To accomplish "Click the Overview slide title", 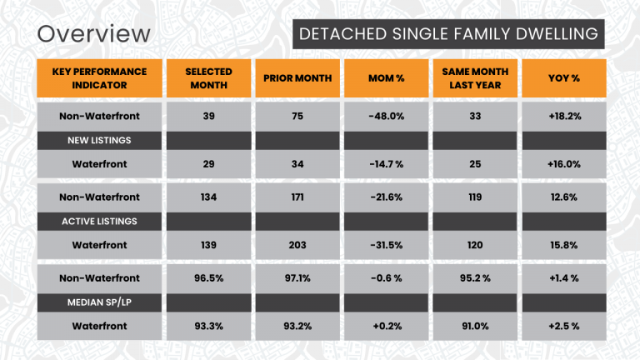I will [x=94, y=34].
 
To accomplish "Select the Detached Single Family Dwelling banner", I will [x=448, y=34].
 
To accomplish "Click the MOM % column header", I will [x=386, y=78].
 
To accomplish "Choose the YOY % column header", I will [x=563, y=78].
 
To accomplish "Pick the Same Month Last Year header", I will [x=474, y=78].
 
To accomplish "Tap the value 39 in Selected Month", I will [x=208, y=116].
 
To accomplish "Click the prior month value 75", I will [x=297, y=116].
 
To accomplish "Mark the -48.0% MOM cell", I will [x=386, y=116].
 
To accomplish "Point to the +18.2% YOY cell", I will [x=563, y=116].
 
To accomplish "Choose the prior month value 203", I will [x=297, y=245].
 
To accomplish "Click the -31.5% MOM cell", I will [x=386, y=245].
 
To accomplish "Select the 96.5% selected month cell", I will [x=208, y=277].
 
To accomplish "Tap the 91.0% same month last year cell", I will [x=474, y=326].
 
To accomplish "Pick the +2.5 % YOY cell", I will [x=563, y=326].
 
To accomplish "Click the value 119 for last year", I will [x=474, y=197].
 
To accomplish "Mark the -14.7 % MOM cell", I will [x=386, y=164].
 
